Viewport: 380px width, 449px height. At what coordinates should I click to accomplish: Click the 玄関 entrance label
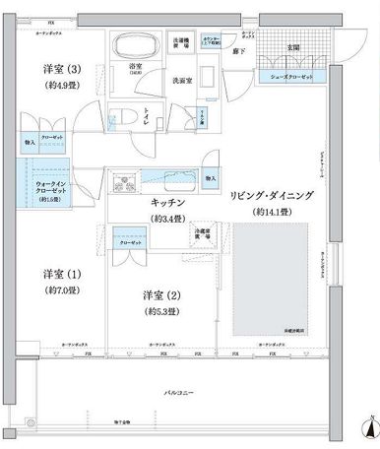click(293, 47)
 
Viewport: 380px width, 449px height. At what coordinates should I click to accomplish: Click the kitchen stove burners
click(127, 182)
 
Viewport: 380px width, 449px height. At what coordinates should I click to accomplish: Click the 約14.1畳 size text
click(274, 212)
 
